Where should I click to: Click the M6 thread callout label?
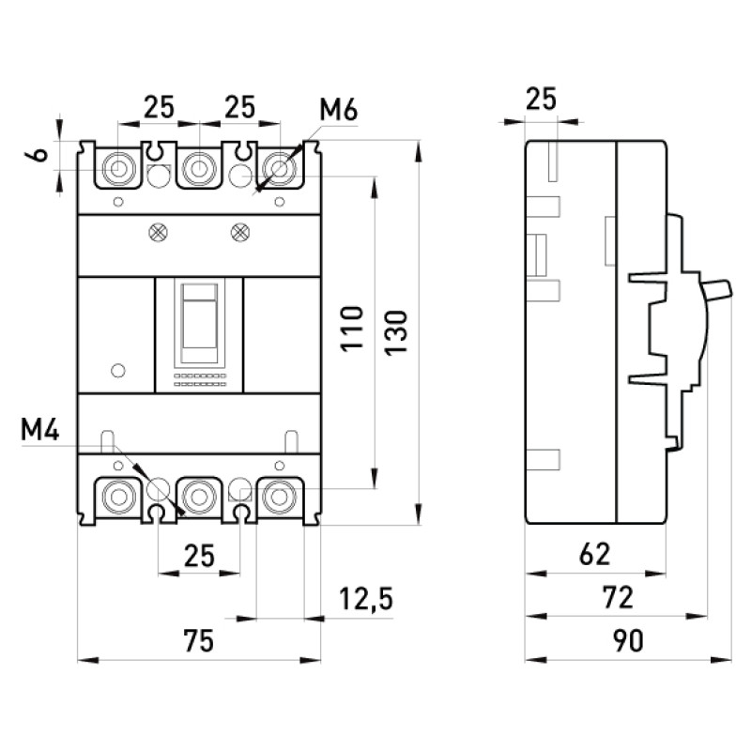[339, 111]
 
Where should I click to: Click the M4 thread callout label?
[40, 430]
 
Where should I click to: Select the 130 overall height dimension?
[396, 332]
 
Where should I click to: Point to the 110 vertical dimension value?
[352, 330]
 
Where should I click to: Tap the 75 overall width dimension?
[199, 641]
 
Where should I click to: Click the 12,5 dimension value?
[366, 599]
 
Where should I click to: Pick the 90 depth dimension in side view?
[628, 641]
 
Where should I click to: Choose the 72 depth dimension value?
[619, 598]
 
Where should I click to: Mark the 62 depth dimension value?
[595, 555]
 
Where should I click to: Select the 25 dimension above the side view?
[542, 99]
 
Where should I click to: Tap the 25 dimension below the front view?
[199, 557]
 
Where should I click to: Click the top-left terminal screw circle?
[118, 169]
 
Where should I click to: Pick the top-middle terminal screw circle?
[199, 169]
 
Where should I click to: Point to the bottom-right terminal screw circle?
[279, 497]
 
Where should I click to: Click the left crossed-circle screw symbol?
[158, 233]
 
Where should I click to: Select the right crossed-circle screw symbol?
[239, 233]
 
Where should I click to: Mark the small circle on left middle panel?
[118, 370]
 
